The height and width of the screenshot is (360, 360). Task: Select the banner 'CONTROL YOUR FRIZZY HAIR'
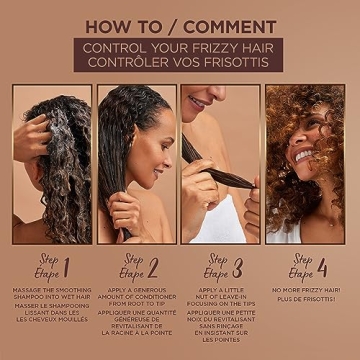pyautogui.click(x=180, y=46)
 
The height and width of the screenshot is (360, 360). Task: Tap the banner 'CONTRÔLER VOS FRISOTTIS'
pyautogui.click(x=180, y=63)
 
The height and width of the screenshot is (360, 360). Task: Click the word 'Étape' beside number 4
pyautogui.click(x=300, y=274)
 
